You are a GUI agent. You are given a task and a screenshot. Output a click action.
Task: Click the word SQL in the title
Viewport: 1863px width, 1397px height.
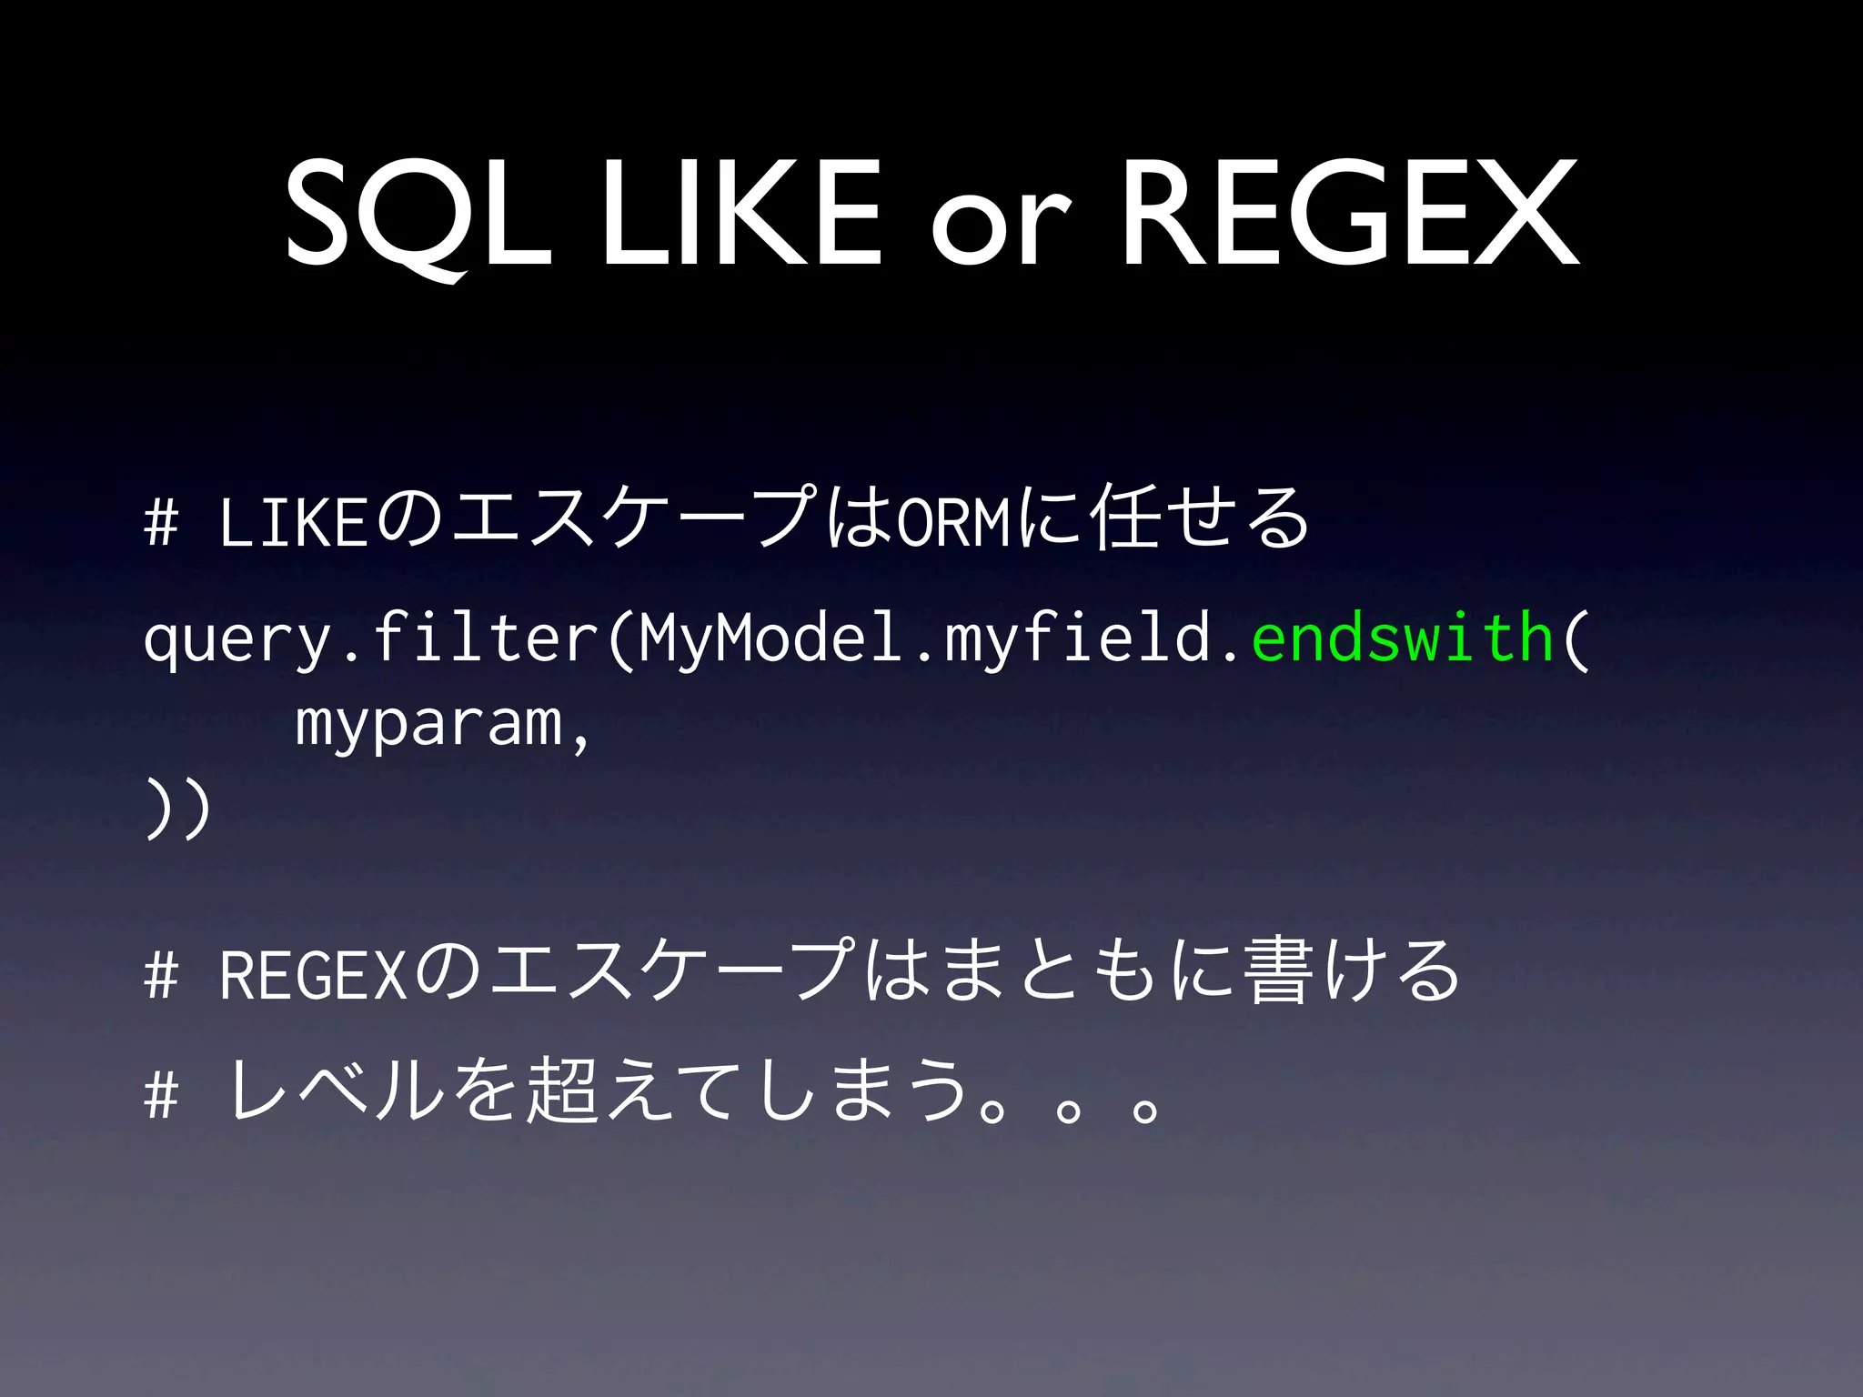coord(419,215)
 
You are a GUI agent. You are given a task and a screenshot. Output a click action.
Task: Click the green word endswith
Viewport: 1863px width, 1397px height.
coord(1402,638)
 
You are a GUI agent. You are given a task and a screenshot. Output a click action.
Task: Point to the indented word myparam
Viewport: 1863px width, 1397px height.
coord(428,726)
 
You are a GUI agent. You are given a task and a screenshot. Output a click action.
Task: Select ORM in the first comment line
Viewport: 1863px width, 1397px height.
coord(952,522)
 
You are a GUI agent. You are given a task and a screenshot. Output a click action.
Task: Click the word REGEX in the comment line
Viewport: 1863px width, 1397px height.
coord(312,975)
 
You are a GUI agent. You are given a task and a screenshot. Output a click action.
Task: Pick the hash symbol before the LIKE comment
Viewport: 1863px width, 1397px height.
coord(161,523)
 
